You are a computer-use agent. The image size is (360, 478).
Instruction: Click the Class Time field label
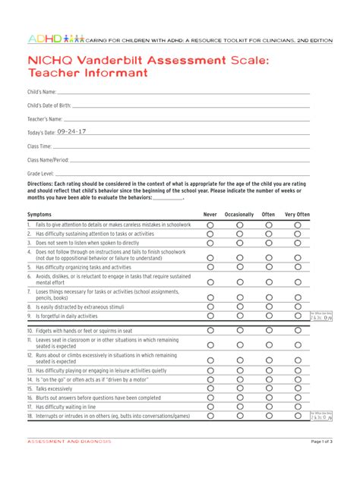click(x=39, y=146)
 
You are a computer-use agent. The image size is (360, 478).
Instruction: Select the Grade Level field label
click(x=41, y=174)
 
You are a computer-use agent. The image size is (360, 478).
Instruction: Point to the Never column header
click(x=210, y=215)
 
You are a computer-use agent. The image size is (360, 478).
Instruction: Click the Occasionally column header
click(x=239, y=215)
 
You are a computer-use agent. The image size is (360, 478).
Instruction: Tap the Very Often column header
click(x=297, y=215)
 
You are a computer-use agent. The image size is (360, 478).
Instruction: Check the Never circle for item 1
click(x=210, y=225)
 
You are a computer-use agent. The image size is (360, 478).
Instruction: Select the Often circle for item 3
click(x=268, y=243)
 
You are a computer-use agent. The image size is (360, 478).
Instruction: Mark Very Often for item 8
click(x=298, y=307)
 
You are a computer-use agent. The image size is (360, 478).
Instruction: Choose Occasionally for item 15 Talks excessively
click(x=239, y=388)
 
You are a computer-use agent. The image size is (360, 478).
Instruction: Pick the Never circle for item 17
click(x=210, y=407)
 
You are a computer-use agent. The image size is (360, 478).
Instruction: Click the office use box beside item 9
click(x=321, y=316)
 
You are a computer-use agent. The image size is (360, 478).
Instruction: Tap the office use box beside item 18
click(x=321, y=417)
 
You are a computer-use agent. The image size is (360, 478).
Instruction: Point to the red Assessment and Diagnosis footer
click(x=69, y=442)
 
